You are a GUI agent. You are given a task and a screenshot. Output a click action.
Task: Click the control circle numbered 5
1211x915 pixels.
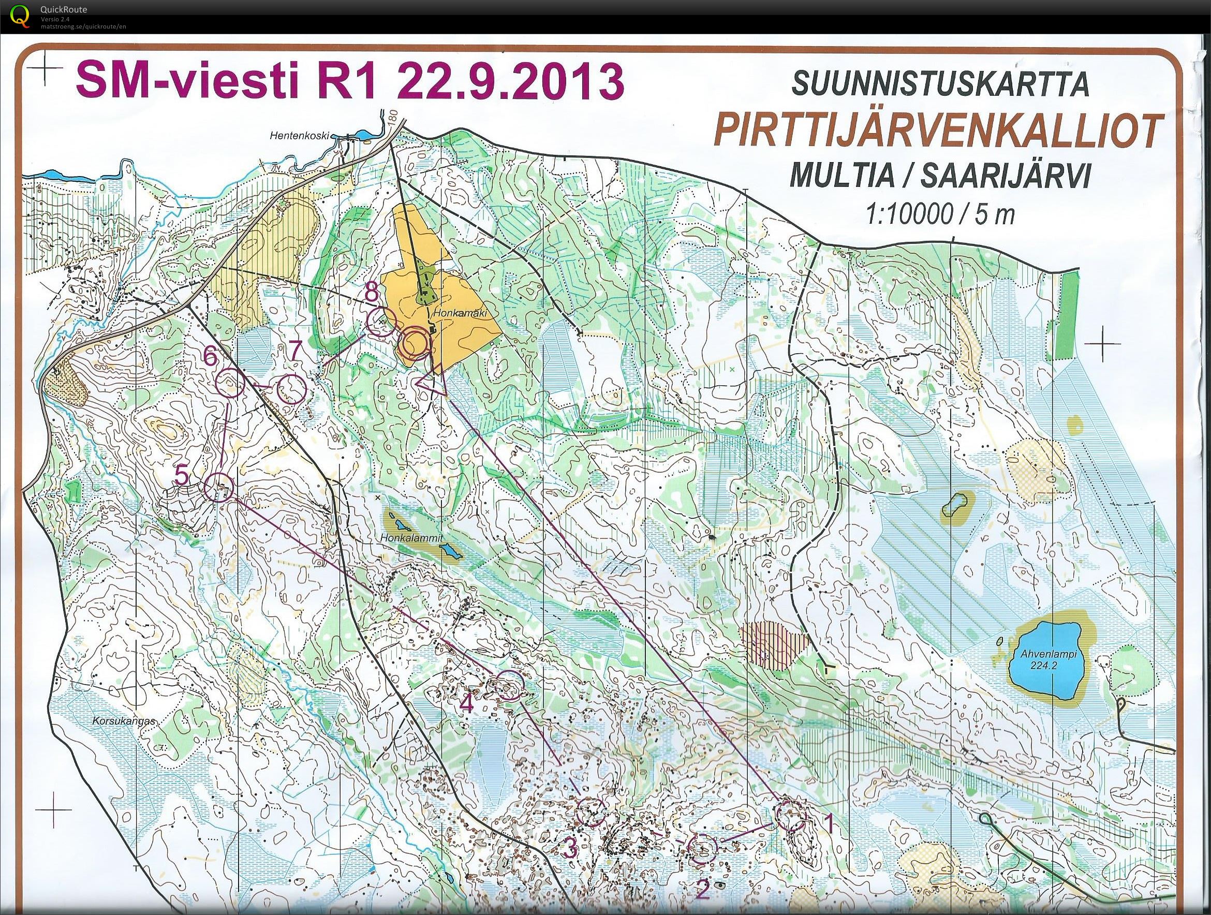(218, 487)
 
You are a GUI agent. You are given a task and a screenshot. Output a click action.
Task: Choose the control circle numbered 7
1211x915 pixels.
(291, 389)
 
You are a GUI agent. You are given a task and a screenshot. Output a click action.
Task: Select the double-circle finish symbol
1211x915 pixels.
(413, 343)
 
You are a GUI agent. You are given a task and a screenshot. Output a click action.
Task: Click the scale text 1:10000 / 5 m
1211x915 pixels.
(940, 214)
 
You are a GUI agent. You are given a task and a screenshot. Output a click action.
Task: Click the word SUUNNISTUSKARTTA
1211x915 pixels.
(940, 86)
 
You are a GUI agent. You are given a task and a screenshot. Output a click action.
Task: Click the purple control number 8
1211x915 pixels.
(372, 294)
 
